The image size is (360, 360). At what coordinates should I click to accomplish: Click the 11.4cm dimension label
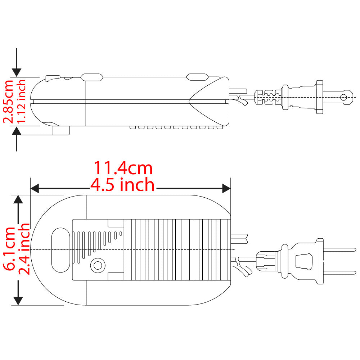pyautogui.click(x=123, y=168)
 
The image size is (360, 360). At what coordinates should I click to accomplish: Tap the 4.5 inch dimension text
pyautogui.click(x=122, y=185)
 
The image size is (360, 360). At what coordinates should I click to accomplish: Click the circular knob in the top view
pyautogui.click(x=97, y=266)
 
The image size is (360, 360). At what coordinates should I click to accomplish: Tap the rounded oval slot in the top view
pyautogui.click(x=60, y=249)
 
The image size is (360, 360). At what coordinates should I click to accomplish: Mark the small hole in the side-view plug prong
pyautogui.click(x=344, y=97)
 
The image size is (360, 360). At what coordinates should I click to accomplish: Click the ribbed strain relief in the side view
pyautogui.click(x=268, y=97)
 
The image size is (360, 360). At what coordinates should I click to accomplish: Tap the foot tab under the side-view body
pyautogui.click(x=60, y=130)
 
